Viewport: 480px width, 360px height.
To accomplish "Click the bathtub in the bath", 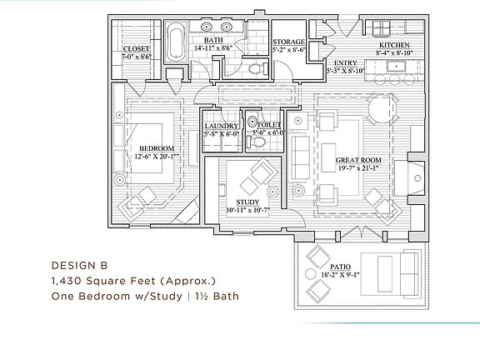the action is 176,42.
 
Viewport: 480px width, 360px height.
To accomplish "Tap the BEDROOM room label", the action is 157,148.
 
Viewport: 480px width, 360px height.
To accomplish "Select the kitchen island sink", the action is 396,66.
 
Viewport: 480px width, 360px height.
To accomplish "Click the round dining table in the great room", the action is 382,108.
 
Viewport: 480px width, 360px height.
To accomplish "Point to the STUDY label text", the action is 247,202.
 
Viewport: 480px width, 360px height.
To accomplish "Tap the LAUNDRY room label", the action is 222,126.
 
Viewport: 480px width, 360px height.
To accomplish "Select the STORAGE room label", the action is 288,42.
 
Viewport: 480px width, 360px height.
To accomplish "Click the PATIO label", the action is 340,267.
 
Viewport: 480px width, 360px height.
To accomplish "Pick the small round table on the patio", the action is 310,274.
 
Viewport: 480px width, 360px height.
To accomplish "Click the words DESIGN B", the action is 80,265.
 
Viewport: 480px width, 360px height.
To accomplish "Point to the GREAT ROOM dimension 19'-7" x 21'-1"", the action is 358,167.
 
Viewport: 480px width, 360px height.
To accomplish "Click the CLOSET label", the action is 136,49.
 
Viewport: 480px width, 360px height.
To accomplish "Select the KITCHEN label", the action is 394,45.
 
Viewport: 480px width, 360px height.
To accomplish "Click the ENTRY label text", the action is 345,62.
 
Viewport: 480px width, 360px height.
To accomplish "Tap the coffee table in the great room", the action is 328,157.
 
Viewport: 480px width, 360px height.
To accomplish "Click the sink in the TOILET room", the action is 252,122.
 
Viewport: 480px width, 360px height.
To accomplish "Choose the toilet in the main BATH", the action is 257,68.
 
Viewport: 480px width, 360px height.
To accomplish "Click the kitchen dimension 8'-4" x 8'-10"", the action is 395,52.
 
